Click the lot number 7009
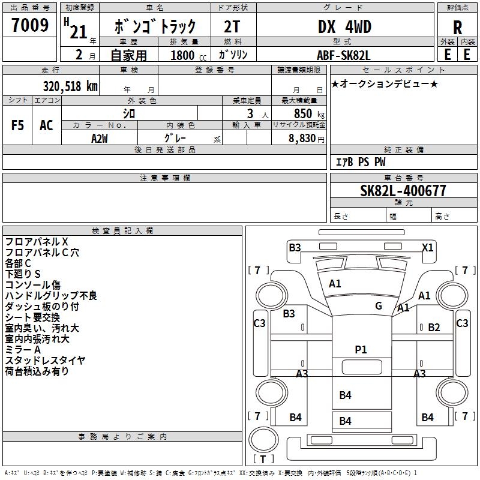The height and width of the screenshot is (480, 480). click(30, 25)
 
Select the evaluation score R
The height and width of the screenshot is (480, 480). click(457, 28)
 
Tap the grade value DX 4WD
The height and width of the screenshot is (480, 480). click(344, 27)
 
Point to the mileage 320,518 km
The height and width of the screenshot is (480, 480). click(70, 86)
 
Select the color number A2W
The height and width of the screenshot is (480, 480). click(100, 138)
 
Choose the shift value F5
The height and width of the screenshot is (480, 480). click(18, 125)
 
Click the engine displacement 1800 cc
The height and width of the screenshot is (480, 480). click(186, 55)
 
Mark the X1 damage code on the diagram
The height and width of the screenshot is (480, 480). click(428, 247)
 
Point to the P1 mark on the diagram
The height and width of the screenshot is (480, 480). click(361, 350)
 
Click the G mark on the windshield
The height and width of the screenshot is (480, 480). click(379, 306)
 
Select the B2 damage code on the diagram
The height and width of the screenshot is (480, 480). click(434, 328)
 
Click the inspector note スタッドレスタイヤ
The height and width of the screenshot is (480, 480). click(46, 361)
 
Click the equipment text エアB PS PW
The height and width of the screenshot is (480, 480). click(360, 162)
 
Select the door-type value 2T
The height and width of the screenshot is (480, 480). click(233, 27)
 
